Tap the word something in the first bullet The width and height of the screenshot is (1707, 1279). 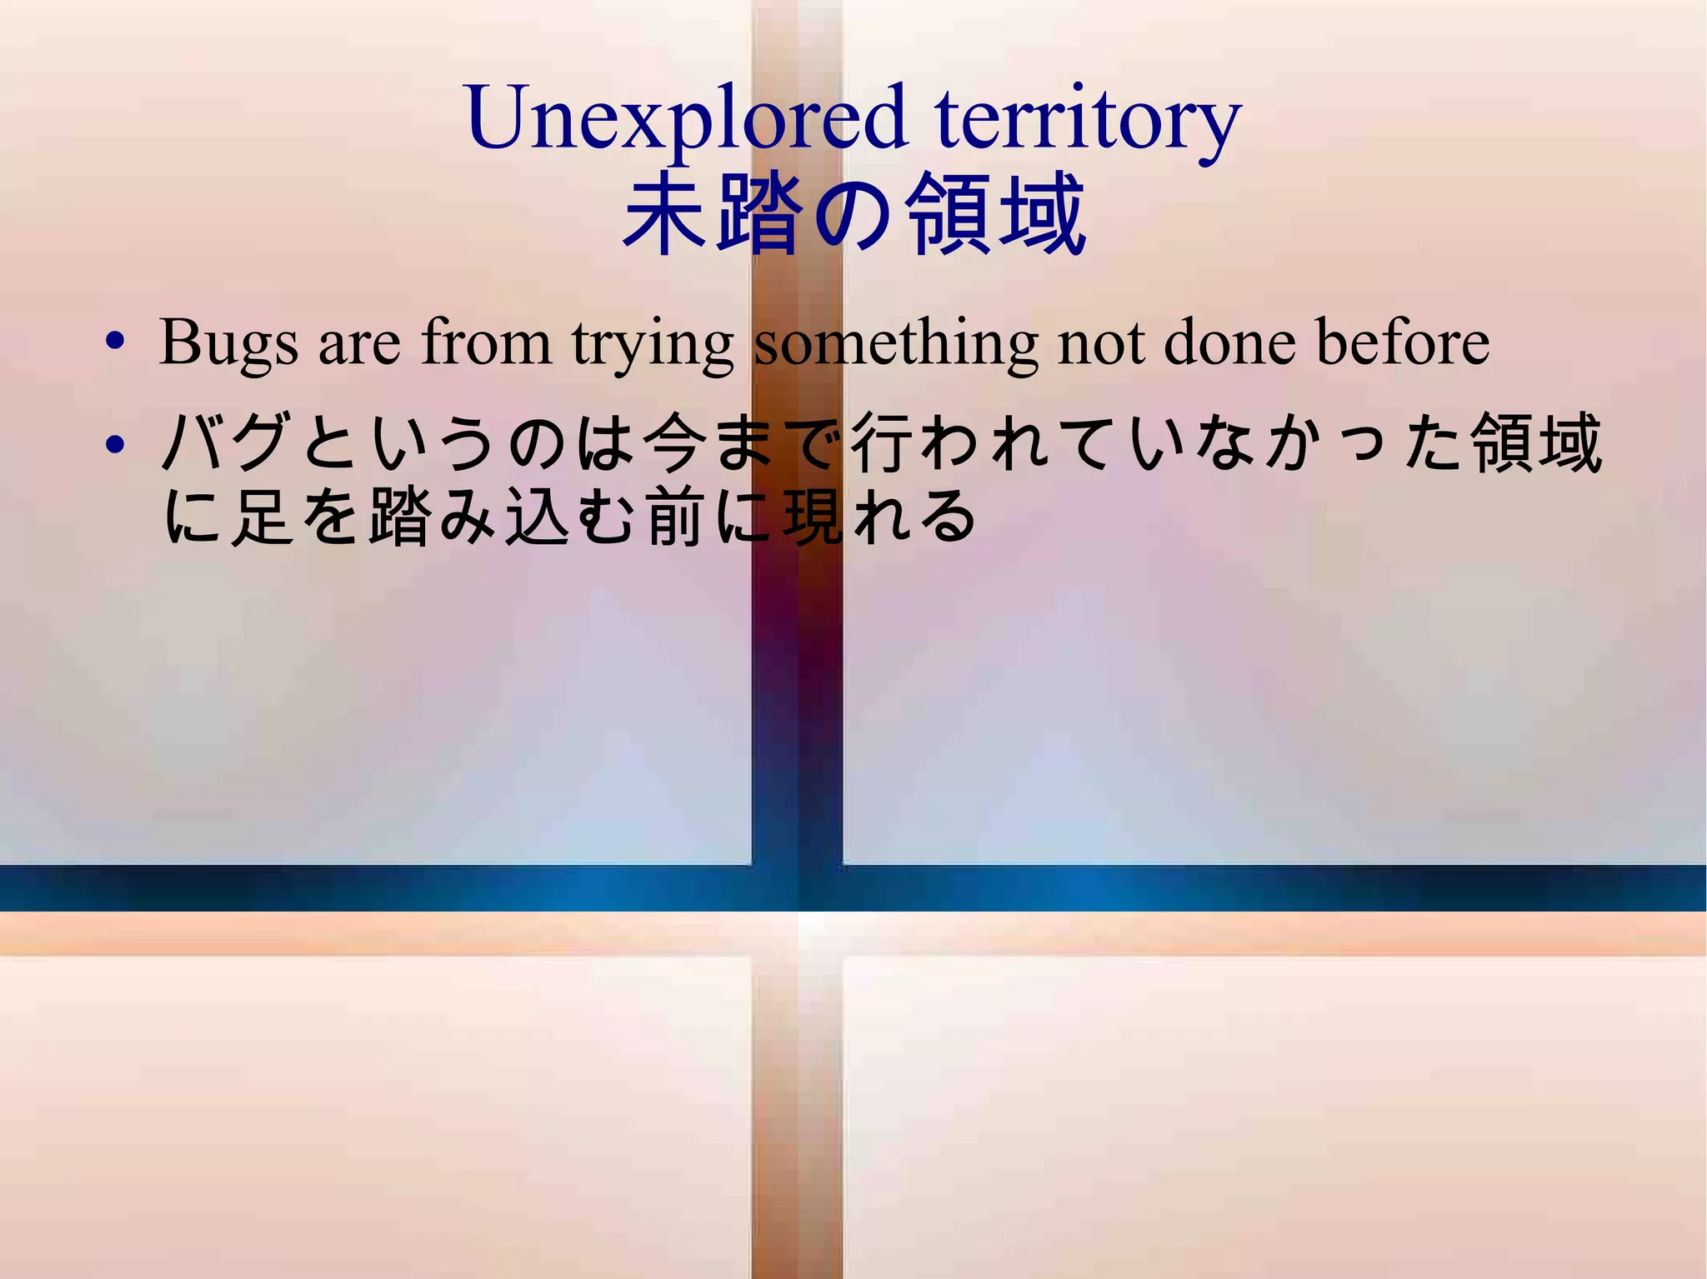tap(896, 342)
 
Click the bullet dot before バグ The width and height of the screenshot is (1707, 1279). tap(115, 444)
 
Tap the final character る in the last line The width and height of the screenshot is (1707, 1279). tap(949, 517)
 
